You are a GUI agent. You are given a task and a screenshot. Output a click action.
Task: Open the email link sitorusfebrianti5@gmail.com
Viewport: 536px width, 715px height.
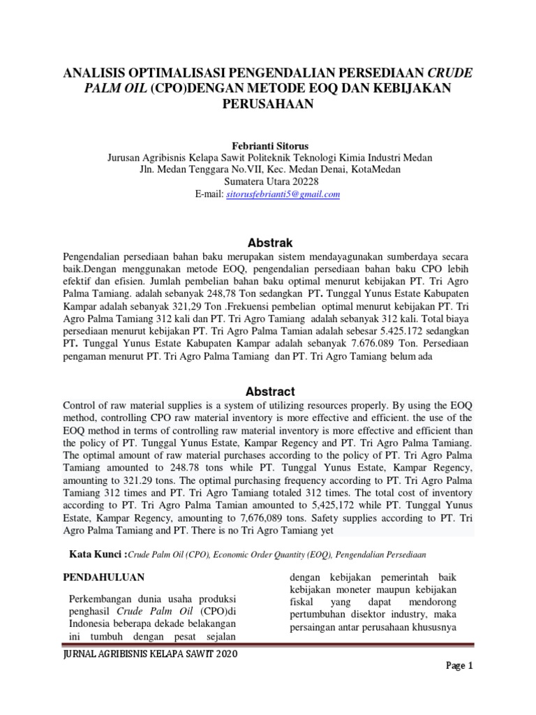pyautogui.click(x=284, y=194)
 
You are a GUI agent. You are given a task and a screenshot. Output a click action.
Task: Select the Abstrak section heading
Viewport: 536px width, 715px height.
pyautogui.click(x=267, y=243)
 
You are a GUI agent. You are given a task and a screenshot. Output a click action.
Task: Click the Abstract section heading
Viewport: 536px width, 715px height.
pyautogui.click(x=267, y=392)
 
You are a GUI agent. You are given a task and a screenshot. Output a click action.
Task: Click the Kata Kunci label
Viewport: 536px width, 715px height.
pyautogui.click(x=97, y=554)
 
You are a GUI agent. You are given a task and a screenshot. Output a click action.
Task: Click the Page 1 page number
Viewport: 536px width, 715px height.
pyautogui.click(x=460, y=686)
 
